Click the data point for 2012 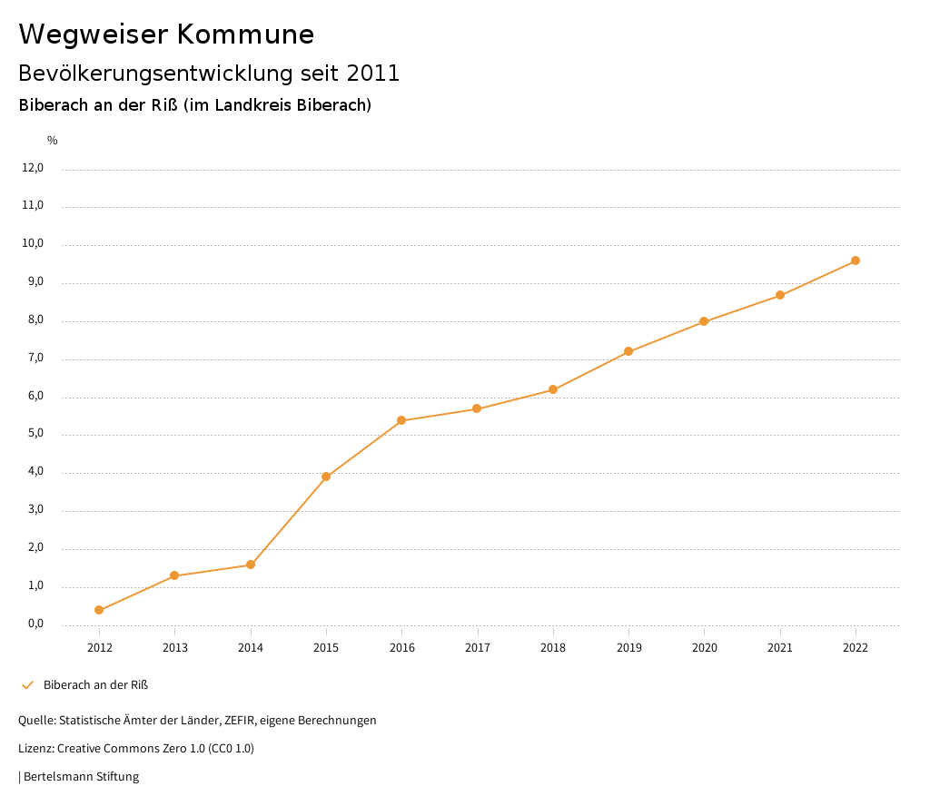coord(99,610)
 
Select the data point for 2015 coord(326,477)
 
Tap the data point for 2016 coord(401,420)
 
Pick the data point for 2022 coord(856,260)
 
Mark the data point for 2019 coord(628,351)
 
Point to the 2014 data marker coord(251,565)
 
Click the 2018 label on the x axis coord(553,648)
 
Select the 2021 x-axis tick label coord(780,648)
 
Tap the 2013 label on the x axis coord(175,648)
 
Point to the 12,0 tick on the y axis coord(33,168)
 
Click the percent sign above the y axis coord(53,141)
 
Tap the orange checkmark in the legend coord(27,684)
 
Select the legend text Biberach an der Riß coord(95,684)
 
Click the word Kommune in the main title coord(245,34)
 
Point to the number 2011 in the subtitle coord(372,74)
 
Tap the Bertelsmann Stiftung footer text coord(81,777)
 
